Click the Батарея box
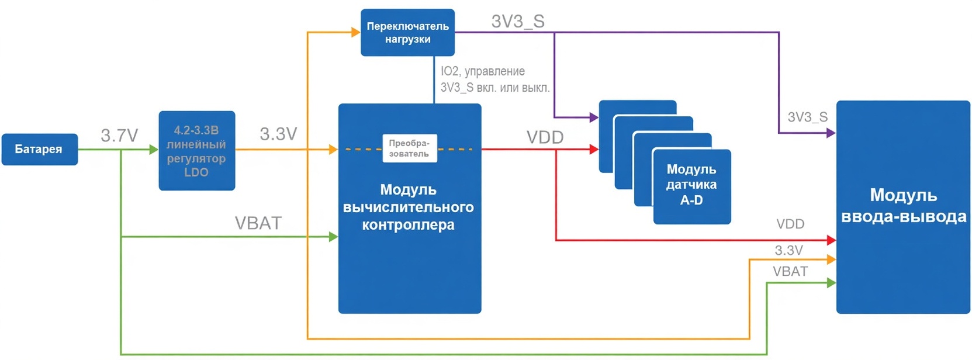click(x=39, y=149)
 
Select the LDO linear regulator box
click(x=196, y=151)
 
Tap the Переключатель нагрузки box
click(x=407, y=33)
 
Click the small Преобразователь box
click(x=409, y=148)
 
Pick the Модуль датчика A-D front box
click(x=691, y=186)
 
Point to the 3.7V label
click(x=119, y=136)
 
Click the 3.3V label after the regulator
click(x=278, y=134)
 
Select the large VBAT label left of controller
click(x=258, y=223)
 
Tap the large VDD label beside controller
click(x=545, y=137)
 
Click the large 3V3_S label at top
click(x=518, y=22)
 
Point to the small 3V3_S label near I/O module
click(x=807, y=117)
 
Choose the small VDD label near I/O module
click(x=790, y=224)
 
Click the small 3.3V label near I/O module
click(x=788, y=251)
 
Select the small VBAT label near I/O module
click(x=790, y=272)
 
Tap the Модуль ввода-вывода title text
click(x=903, y=206)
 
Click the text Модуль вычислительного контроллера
click(x=409, y=207)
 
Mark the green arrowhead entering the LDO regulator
click(x=154, y=150)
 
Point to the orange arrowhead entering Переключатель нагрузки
click(x=355, y=32)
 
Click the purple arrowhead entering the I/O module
click(x=831, y=133)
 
